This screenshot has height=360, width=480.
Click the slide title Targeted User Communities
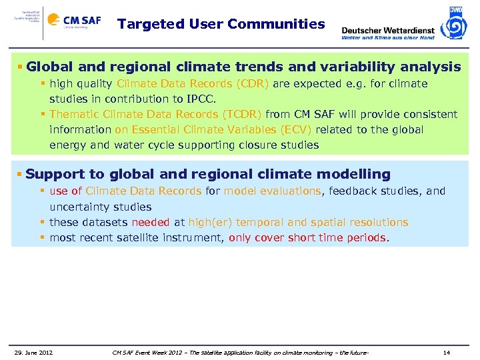click(x=221, y=25)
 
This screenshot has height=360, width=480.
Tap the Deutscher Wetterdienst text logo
click(x=387, y=31)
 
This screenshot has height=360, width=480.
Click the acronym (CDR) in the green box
click(x=253, y=84)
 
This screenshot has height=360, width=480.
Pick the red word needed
click(x=150, y=223)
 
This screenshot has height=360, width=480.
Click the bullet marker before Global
click(x=21, y=67)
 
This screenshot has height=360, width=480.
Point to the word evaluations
click(x=289, y=191)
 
